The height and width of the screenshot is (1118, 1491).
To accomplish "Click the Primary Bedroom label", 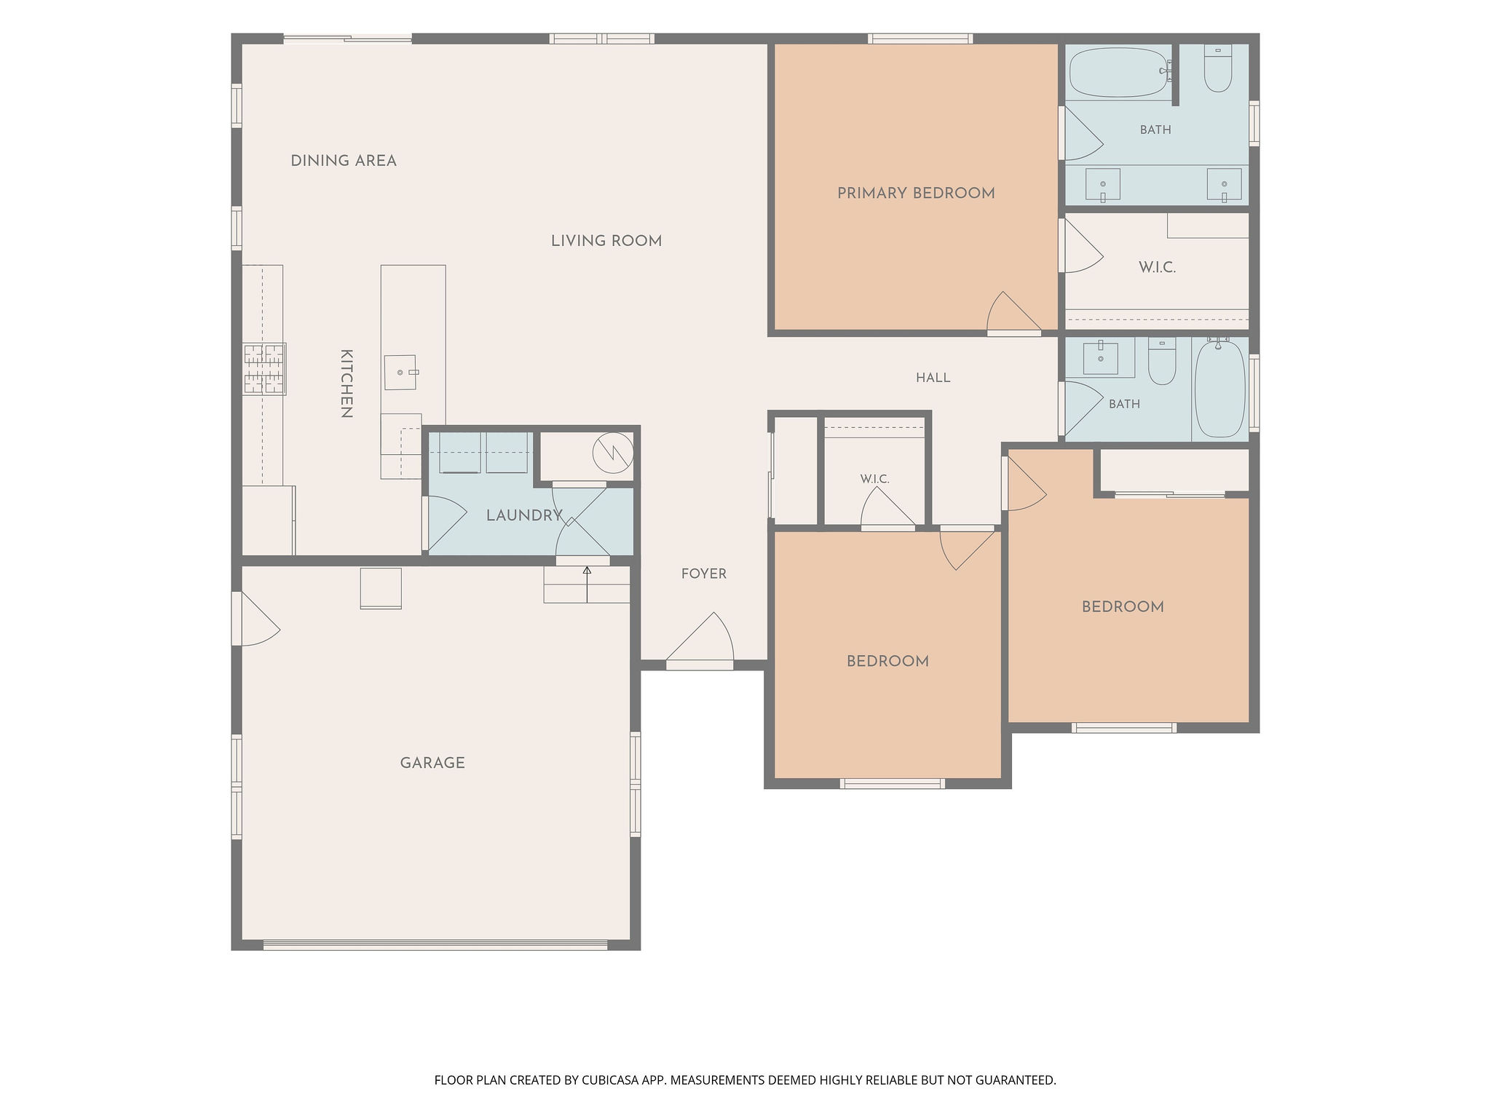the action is [x=916, y=194].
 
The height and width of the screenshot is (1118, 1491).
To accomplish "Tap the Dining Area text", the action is [x=344, y=161].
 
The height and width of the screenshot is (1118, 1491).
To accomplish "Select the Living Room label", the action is [x=606, y=241].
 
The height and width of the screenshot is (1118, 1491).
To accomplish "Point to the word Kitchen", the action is [x=347, y=384].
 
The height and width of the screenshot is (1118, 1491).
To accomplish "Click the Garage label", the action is [x=432, y=763].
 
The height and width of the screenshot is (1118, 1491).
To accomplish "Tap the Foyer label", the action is [x=704, y=574].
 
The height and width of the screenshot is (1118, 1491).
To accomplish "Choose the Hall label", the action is [x=933, y=378].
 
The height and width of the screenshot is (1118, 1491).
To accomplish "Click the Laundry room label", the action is [x=524, y=515].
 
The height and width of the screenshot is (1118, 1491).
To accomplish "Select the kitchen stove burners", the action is [x=264, y=368].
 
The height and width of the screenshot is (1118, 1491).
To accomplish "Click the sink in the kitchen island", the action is [x=400, y=372].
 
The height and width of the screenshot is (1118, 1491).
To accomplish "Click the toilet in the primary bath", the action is [x=1218, y=68].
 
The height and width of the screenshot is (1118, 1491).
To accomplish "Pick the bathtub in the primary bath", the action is [x=1120, y=72].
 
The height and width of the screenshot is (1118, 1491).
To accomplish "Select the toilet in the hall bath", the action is [x=1162, y=361].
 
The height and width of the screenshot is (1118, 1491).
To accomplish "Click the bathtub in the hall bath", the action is [x=1220, y=388].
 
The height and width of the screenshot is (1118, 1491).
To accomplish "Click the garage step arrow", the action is [x=587, y=584].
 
